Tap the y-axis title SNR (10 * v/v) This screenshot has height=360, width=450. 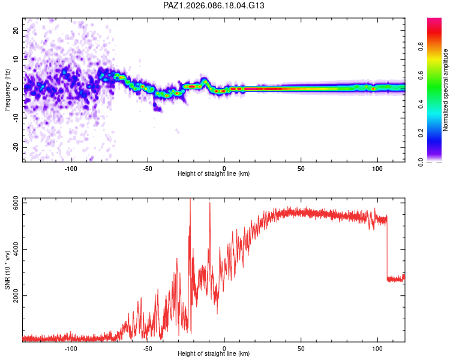click(7, 271)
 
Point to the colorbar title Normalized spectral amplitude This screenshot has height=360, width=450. click(445, 90)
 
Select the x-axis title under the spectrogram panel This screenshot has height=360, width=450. click(214, 173)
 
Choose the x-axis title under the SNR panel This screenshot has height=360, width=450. click(214, 356)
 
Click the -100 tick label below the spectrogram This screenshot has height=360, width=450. click(71, 169)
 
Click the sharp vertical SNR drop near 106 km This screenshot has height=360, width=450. click(387, 249)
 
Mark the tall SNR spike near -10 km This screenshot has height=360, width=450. click(209, 207)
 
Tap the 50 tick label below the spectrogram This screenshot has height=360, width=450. click(301, 169)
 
